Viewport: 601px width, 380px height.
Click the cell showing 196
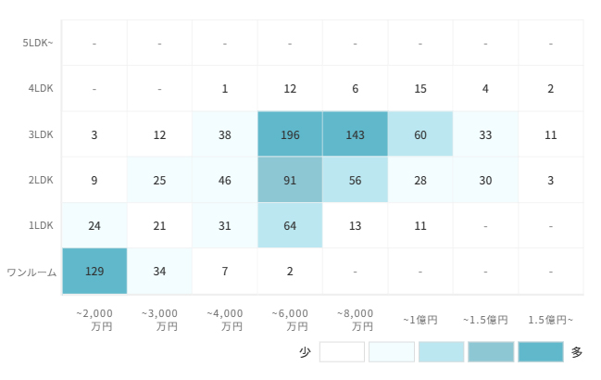coord(290,134)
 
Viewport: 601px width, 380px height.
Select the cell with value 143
coord(356,134)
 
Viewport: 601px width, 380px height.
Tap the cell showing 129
coord(94,272)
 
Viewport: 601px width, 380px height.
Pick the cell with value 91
coord(290,180)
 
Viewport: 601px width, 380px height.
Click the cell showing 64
coord(290,225)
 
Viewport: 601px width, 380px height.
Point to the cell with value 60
coord(420,134)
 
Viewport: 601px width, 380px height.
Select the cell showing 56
coord(356,180)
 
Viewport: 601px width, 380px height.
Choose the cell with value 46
coord(225,180)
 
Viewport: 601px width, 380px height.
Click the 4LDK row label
coord(41,89)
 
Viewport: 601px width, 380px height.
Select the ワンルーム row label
coord(31,272)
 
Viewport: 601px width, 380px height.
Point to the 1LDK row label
coord(41,225)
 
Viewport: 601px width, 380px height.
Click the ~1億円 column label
coord(420,320)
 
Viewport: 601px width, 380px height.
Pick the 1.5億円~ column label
coord(550,320)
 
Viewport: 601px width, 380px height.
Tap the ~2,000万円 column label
coord(94,320)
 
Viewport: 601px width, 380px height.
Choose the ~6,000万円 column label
coord(290,320)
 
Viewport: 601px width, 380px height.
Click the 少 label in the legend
coord(305,352)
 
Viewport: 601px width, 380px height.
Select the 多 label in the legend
coord(577,352)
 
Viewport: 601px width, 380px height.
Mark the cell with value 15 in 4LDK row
coord(420,89)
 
